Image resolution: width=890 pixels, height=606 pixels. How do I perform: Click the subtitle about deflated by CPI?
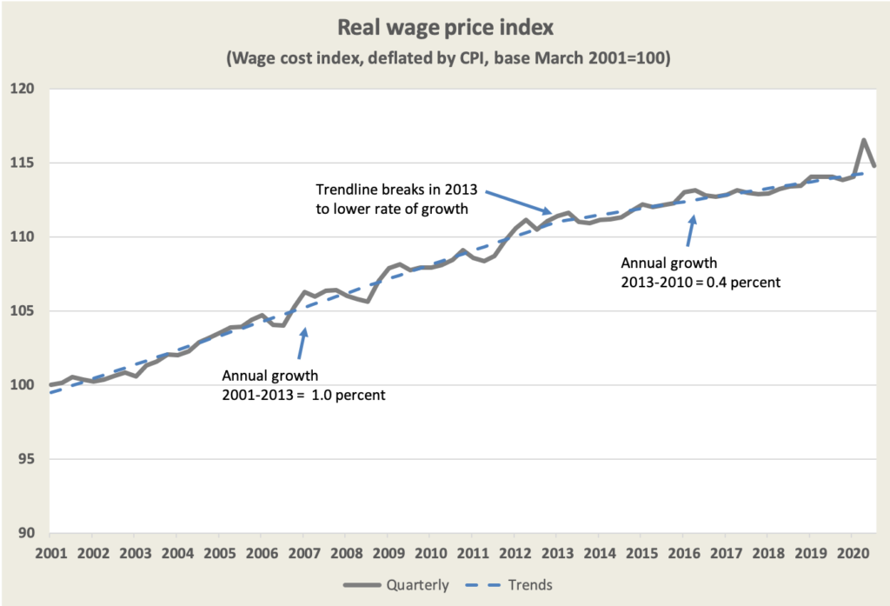tap(444, 59)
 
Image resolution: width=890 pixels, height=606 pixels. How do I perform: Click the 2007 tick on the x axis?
tap(302, 553)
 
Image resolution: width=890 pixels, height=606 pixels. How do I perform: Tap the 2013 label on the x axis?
tap(556, 553)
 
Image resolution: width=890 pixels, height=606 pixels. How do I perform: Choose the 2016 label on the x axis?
tap(683, 553)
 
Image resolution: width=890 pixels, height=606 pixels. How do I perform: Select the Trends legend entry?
tap(512, 584)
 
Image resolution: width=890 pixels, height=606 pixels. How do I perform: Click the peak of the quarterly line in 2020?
tap(863, 140)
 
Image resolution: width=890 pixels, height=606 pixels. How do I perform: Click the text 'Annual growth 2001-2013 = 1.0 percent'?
tap(303, 386)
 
